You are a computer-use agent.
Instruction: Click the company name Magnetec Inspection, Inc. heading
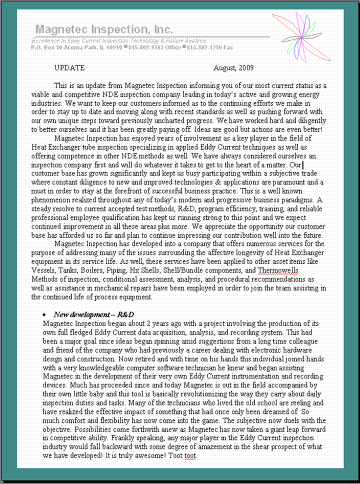(x=104, y=29)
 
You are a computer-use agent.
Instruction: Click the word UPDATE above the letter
(x=69, y=67)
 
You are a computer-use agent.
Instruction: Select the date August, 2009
(x=233, y=67)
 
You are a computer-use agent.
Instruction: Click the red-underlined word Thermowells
(x=278, y=270)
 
